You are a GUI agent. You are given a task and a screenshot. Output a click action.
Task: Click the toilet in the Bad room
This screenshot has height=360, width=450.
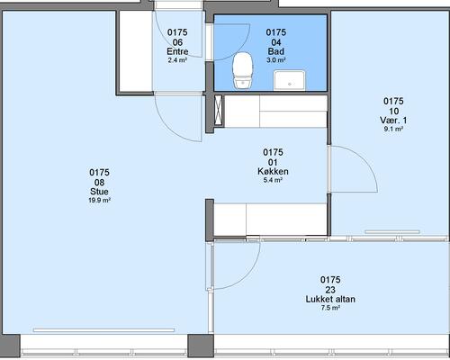pos(243,71)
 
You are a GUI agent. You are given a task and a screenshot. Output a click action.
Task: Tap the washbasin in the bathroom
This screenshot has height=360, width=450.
pos(290,80)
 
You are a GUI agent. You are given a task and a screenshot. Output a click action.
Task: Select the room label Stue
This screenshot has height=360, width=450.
pos(99,192)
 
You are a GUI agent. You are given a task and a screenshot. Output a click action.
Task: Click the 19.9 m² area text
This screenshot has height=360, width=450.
pos(99,200)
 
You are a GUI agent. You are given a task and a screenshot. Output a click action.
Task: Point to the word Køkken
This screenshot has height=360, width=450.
pos(273,171)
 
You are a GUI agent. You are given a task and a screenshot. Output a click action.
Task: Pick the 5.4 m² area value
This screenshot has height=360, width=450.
pos(273,180)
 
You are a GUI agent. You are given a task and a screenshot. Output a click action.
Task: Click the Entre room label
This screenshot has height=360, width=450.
pos(177,51)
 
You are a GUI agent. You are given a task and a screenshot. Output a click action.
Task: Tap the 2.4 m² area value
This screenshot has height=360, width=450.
pos(177,60)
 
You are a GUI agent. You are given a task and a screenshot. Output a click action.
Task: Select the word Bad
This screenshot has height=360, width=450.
pos(276,51)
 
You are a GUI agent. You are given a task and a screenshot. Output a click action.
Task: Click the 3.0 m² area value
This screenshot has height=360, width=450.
pos(276,60)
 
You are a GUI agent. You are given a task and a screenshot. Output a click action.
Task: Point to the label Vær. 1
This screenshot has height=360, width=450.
pos(393,121)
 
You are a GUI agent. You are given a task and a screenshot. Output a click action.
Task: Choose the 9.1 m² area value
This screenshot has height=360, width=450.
pos(393,129)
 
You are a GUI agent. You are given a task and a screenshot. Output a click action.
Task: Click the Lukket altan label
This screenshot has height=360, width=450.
pos(330,299)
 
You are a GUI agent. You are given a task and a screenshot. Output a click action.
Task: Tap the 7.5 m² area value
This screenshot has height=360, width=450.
pos(330,308)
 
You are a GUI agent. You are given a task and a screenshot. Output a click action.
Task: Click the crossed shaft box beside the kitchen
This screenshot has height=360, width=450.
pos(219,110)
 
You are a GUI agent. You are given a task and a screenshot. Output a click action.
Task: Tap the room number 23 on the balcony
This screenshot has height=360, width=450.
pos(330,290)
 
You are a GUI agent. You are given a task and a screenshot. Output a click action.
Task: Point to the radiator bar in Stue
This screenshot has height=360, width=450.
pos(103,330)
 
